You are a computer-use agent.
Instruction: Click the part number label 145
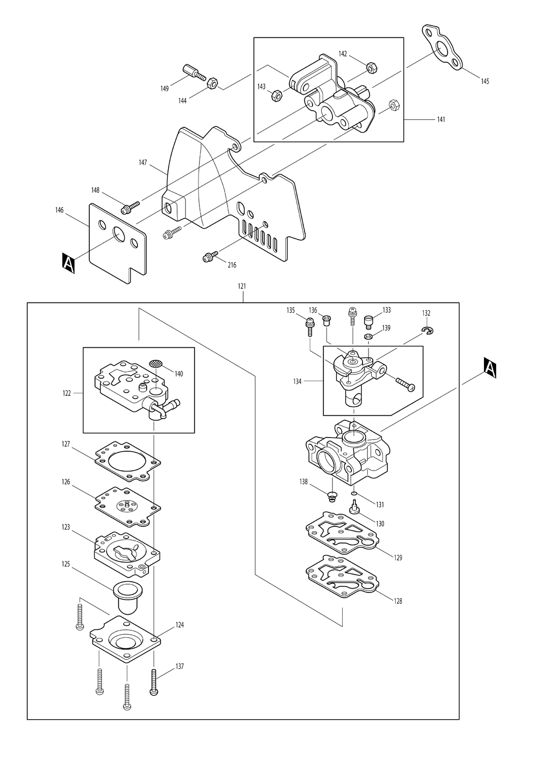[485, 81]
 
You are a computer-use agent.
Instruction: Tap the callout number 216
[232, 265]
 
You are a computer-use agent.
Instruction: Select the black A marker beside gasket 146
[68, 263]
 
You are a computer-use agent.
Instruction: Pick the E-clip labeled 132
[428, 331]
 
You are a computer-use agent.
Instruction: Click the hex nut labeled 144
[212, 83]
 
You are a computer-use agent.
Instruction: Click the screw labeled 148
[130, 207]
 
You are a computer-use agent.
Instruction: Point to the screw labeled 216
[210, 257]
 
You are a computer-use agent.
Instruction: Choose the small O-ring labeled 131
[353, 494]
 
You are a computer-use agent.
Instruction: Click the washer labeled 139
[368, 336]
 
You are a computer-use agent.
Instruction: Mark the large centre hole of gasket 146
[118, 235]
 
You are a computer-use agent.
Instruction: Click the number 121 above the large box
[242, 286]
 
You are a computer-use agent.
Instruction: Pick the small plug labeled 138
[332, 497]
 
